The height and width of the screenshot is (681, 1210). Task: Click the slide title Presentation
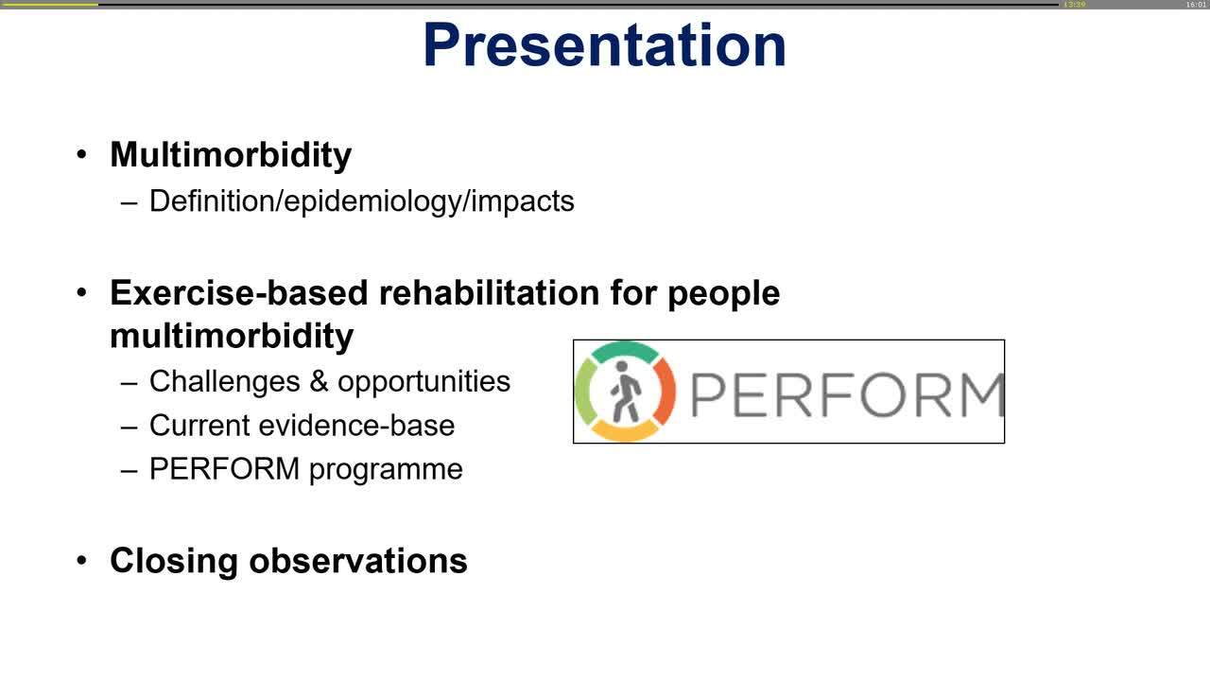tap(604, 44)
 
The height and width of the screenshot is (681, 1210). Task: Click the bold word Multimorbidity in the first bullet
tap(231, 155)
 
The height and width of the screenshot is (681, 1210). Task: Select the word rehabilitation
tap(489, 293)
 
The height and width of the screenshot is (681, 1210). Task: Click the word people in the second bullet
tap(723, 294)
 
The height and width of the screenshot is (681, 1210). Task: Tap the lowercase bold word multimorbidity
tap(232, 336)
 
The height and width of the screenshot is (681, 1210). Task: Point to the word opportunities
tap(423, 382)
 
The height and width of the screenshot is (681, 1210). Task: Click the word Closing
tap(174, 561)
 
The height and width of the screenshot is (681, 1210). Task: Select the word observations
tap(358, 561)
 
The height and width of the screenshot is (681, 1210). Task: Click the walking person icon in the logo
tap(624, 392)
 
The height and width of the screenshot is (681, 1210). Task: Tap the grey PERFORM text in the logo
tap(846, 395)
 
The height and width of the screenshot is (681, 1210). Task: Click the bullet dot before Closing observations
tap(82, 560)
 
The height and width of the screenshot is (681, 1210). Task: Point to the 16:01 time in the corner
tap(1196, 5)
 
